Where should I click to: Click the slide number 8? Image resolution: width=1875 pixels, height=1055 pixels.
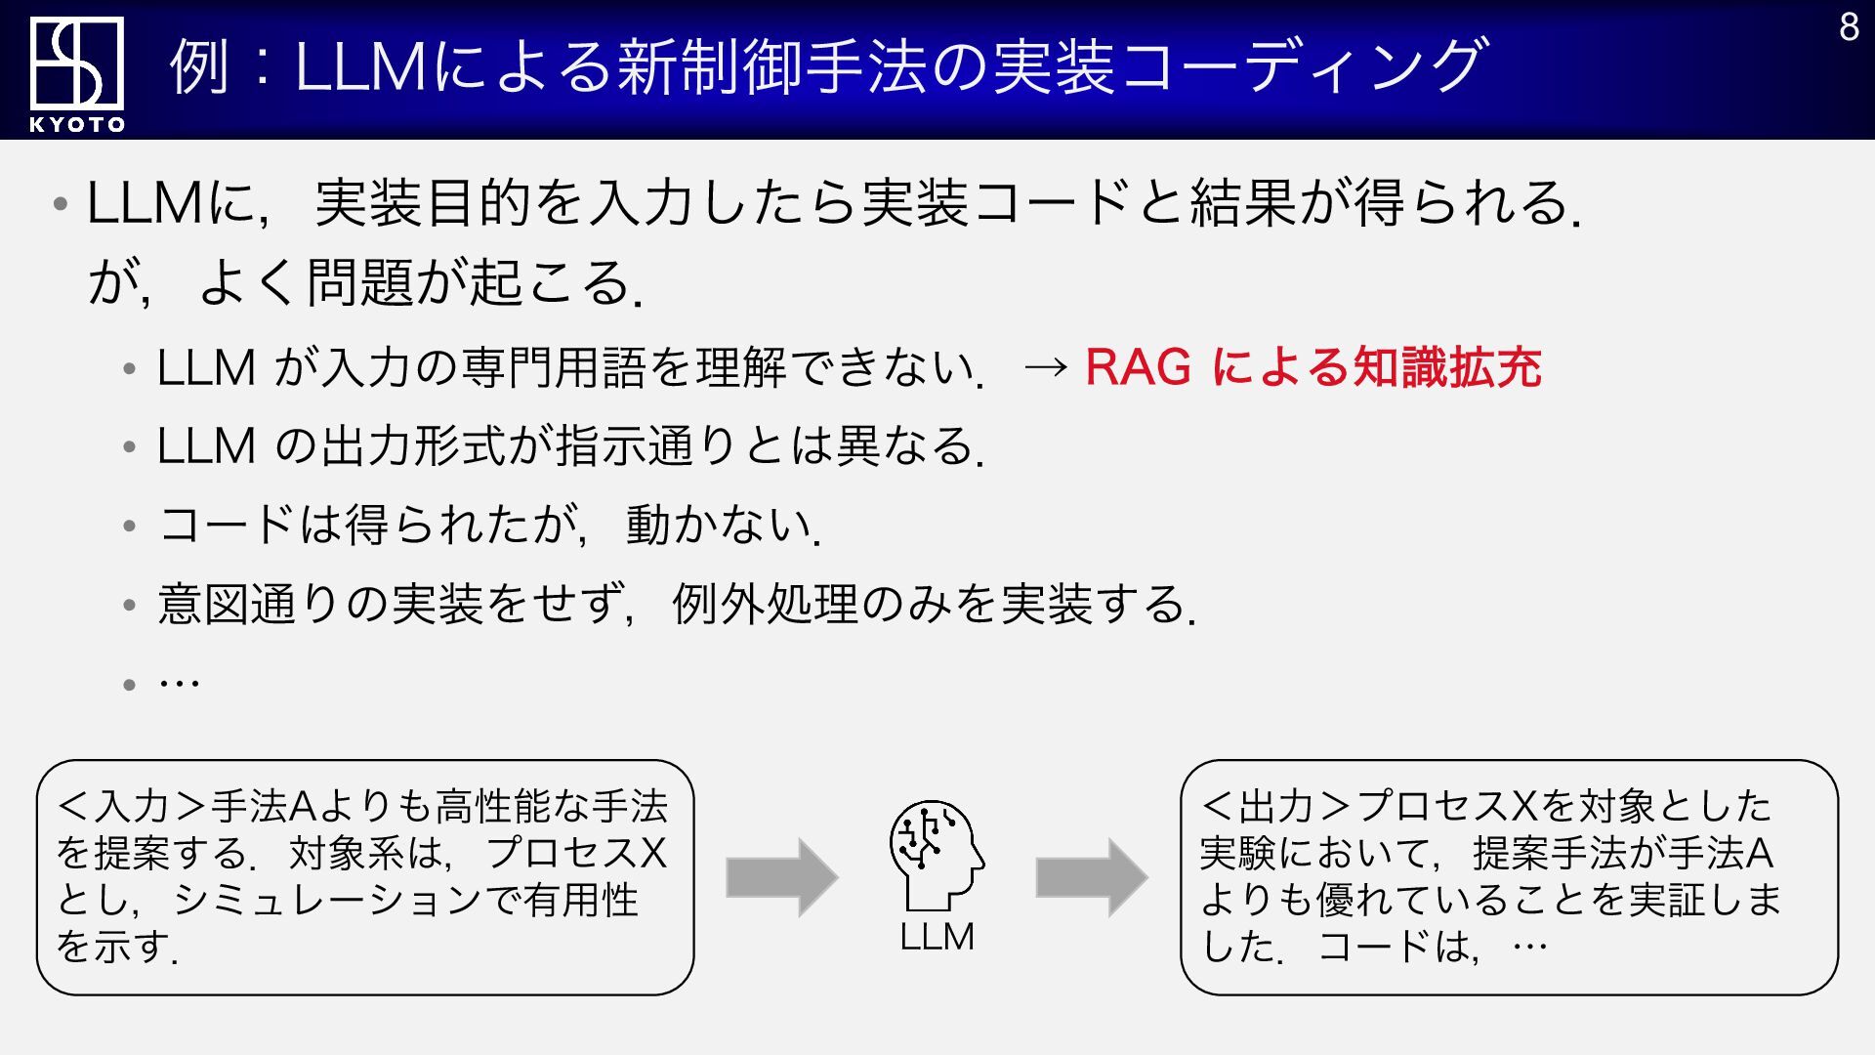pyautogui.click(x=1849, y=27)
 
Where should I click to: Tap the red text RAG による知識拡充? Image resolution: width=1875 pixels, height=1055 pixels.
pyautogui.click(x=1312, y=368)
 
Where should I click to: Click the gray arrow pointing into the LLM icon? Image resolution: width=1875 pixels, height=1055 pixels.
pyautogui.click(x=781, y=876)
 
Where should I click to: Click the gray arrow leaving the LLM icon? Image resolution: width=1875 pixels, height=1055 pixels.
pyautogui.click(x=1091, y=876)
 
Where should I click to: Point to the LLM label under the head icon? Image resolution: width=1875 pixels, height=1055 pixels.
pyautogui.click(x=937, y=937)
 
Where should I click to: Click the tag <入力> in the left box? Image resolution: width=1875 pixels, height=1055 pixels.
pyautogui.click(x=132, y=807)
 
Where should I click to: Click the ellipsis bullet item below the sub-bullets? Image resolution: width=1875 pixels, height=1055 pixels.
pyautogui.click(x=180, y=682)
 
